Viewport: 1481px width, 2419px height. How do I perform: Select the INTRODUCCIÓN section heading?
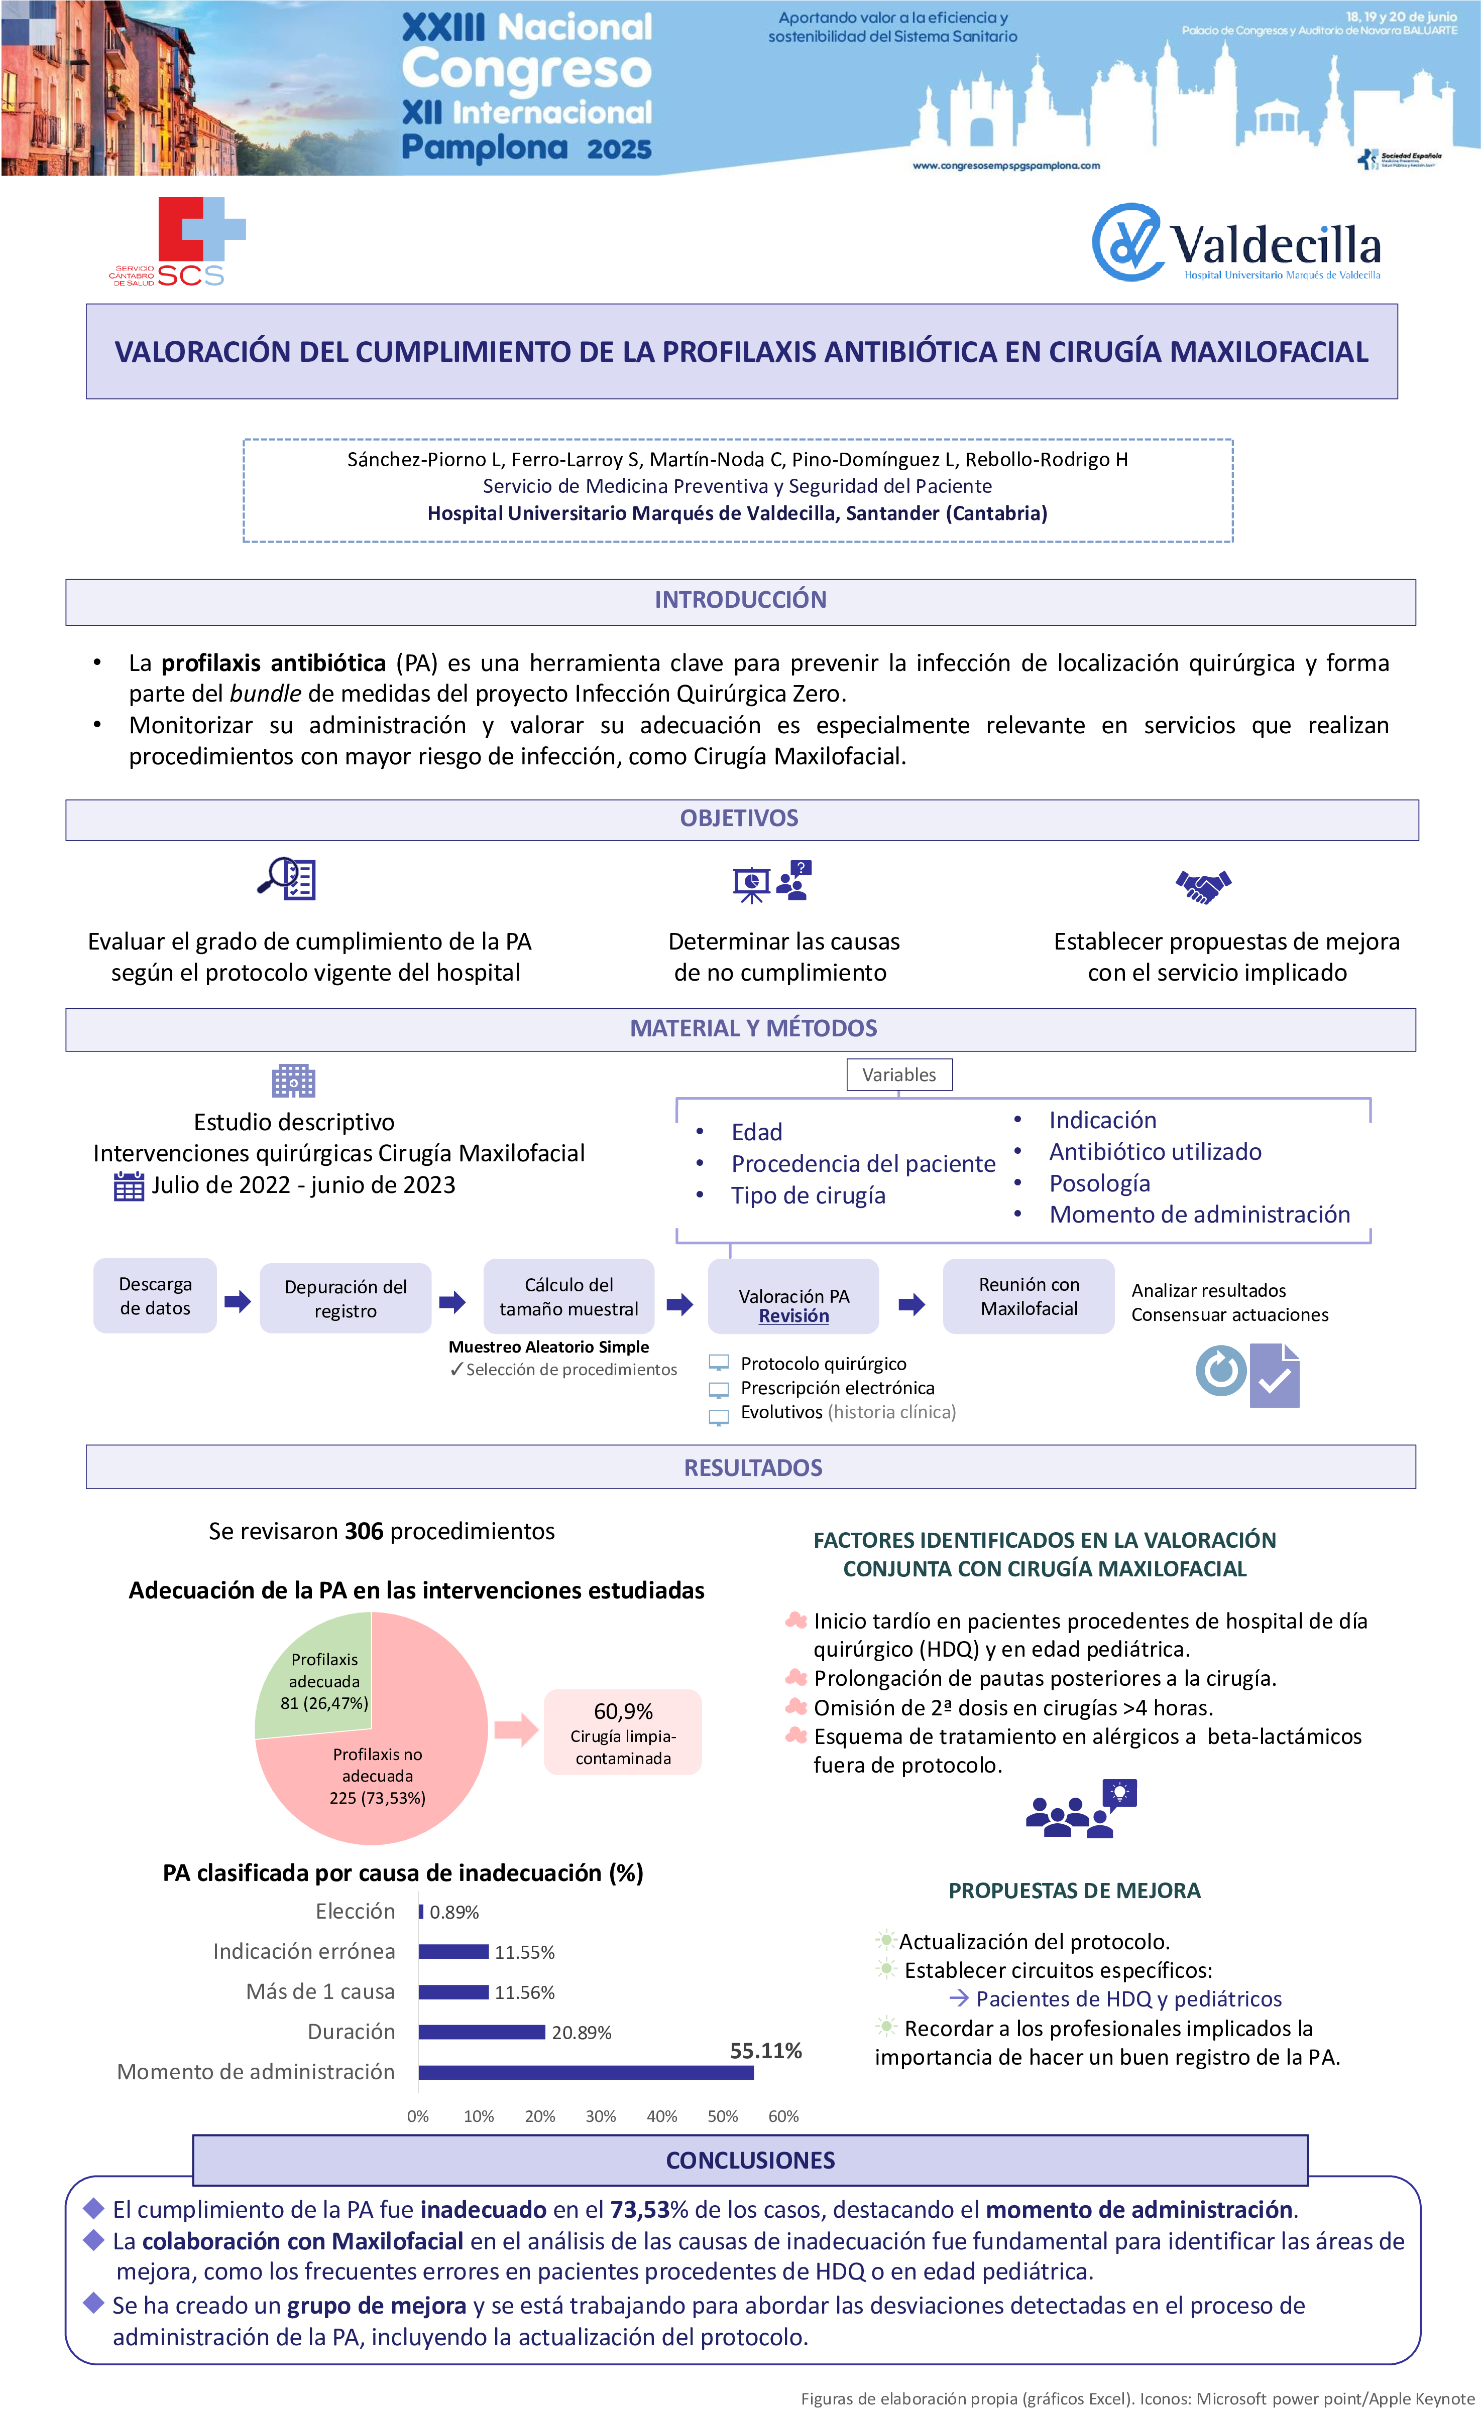740,600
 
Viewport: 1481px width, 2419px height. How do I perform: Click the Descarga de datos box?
155,1296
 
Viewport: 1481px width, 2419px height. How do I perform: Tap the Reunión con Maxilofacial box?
1028,1296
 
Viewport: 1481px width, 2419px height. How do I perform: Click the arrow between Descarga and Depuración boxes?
238,1302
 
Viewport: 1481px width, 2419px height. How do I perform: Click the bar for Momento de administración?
586,2072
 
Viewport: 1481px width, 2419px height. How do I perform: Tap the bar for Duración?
481,2032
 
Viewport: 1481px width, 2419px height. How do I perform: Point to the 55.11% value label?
765,2051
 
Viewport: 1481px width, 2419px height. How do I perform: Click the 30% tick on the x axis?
600,2117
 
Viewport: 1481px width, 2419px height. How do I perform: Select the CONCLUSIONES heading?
750,2161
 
